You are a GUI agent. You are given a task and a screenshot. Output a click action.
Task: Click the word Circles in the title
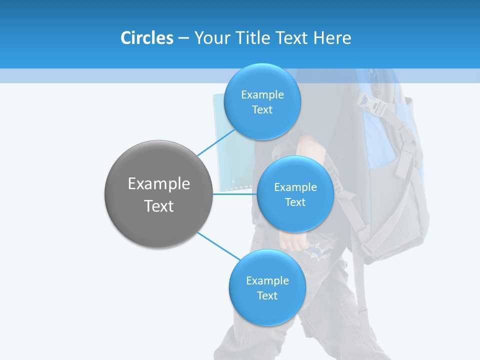(146, 38)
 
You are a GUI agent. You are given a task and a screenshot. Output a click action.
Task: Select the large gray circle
(158, 220)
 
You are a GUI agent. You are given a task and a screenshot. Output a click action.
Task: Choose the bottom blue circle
(267, 310)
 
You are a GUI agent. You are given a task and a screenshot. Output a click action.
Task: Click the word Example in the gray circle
(158, 184)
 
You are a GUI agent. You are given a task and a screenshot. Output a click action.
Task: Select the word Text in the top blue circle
(262, 110)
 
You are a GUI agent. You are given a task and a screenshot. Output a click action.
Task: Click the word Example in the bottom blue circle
(267, 280)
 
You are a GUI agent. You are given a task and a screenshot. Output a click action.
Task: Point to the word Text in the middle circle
(295, 202)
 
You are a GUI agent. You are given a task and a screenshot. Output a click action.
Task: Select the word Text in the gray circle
(158, 206)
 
